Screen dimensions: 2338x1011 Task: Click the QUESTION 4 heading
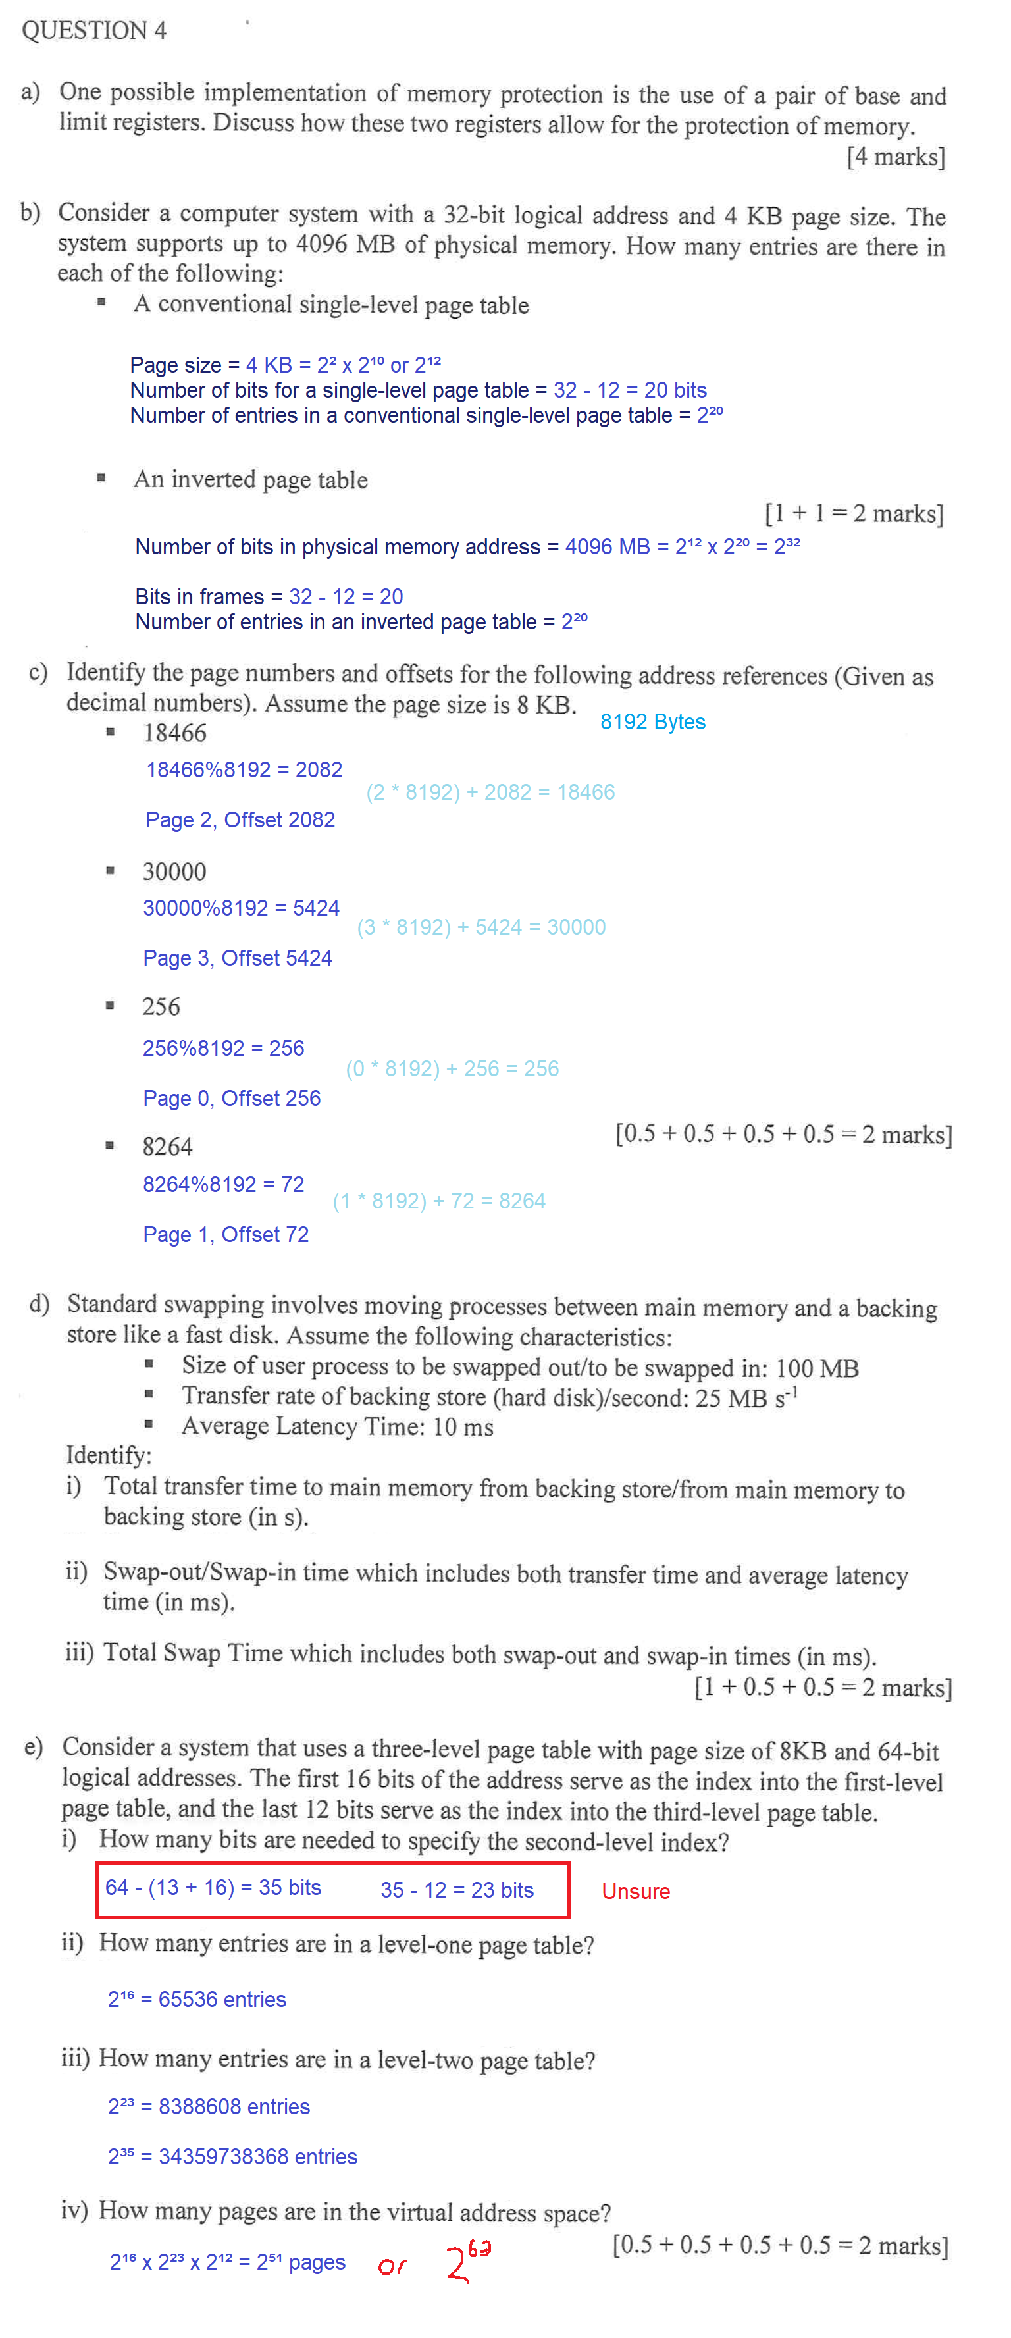click(93, 31)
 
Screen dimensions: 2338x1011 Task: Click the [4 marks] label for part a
click(895, 157)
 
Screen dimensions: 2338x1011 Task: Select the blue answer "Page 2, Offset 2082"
click(240, 819)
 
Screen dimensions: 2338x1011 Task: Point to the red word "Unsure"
click(635, 1890)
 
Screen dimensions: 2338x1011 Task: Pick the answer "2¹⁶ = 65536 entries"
click(197, 1998)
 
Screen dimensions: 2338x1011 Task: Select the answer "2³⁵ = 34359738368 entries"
click(232, 2156)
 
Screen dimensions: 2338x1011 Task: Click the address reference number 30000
click(174, 871)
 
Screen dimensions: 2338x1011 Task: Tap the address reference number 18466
click(174, 733)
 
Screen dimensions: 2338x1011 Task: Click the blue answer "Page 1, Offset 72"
click(226, 1234)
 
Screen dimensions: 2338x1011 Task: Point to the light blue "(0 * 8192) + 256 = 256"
click(452, 1068)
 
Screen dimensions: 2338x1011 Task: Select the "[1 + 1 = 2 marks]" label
click(853, 513)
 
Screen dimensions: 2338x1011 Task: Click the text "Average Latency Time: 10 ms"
click(337, 1426)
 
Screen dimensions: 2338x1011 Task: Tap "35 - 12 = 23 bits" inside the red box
click(457, 1890)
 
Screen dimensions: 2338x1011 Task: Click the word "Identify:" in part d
click(109, 1455)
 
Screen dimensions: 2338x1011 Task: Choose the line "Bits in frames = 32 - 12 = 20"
click(269, 596)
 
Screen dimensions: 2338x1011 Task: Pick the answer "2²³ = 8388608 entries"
click(209, 2106)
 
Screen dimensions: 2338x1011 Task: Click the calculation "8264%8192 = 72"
click(223, 1184)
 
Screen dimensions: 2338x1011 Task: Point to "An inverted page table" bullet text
click(251, 479)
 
